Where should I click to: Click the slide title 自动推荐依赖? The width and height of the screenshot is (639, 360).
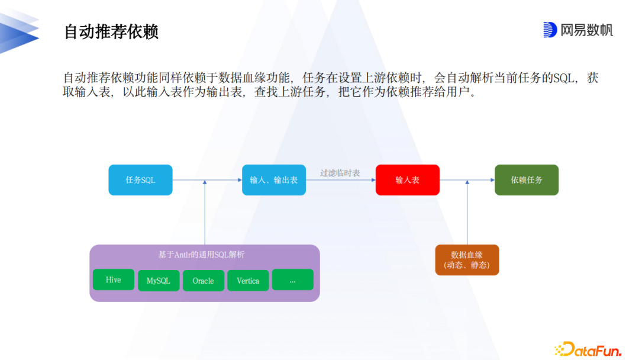[x=111, y=31]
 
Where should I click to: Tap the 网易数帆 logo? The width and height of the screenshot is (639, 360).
[x=578, y=30]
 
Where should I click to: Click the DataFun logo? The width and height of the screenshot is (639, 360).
[x=588, y=349]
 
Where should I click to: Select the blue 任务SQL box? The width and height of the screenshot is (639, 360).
[x=140, y=180]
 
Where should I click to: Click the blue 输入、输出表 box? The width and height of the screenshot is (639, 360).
[x=274, y=180]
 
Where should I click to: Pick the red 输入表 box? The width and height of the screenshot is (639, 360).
[x=408, y=180]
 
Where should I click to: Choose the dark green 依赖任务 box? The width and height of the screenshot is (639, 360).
[x=527, y=180]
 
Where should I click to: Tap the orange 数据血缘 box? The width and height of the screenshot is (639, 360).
[x=467, y=260]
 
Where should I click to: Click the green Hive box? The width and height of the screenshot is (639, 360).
[x=113, y=280]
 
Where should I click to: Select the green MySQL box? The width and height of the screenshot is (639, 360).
[x=158, y=281]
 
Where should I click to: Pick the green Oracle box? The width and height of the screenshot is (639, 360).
[x=203, y=281]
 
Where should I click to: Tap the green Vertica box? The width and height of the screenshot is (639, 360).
[x=248, y=281]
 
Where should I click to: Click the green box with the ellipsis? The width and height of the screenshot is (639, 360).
[x=292, y=280]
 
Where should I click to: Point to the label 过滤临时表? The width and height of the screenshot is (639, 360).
[x=340, y=173]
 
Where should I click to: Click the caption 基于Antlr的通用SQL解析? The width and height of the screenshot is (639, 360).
[x=202, y=255]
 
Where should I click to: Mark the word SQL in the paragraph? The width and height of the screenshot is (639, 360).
[x=564, y=78]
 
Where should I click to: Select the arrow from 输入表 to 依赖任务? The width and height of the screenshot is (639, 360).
[x=467, y=180]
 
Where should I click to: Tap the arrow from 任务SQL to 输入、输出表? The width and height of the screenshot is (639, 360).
[x=207, y=180]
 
